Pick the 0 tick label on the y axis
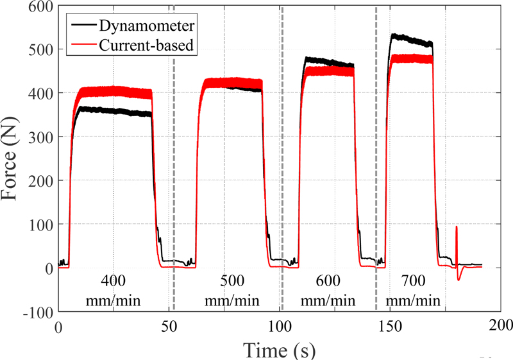(x=47, y=268)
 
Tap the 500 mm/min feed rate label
(x=224, y=291)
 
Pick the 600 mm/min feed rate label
(x=329, y=291)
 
